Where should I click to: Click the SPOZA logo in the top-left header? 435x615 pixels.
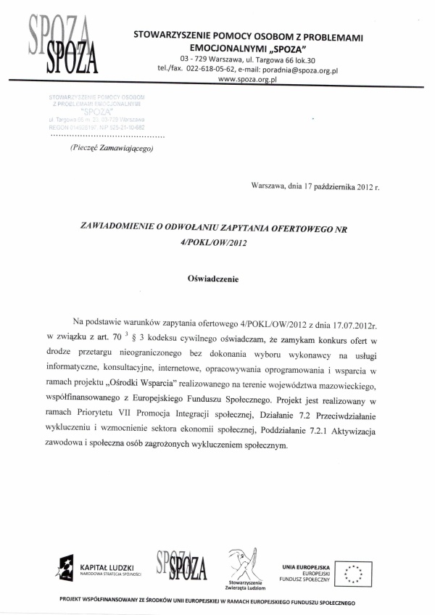click(x=59, y=45)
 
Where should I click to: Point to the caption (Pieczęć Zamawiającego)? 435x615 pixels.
click(x=112, y=148)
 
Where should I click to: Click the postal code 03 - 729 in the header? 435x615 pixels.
click(x=195, y=59)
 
